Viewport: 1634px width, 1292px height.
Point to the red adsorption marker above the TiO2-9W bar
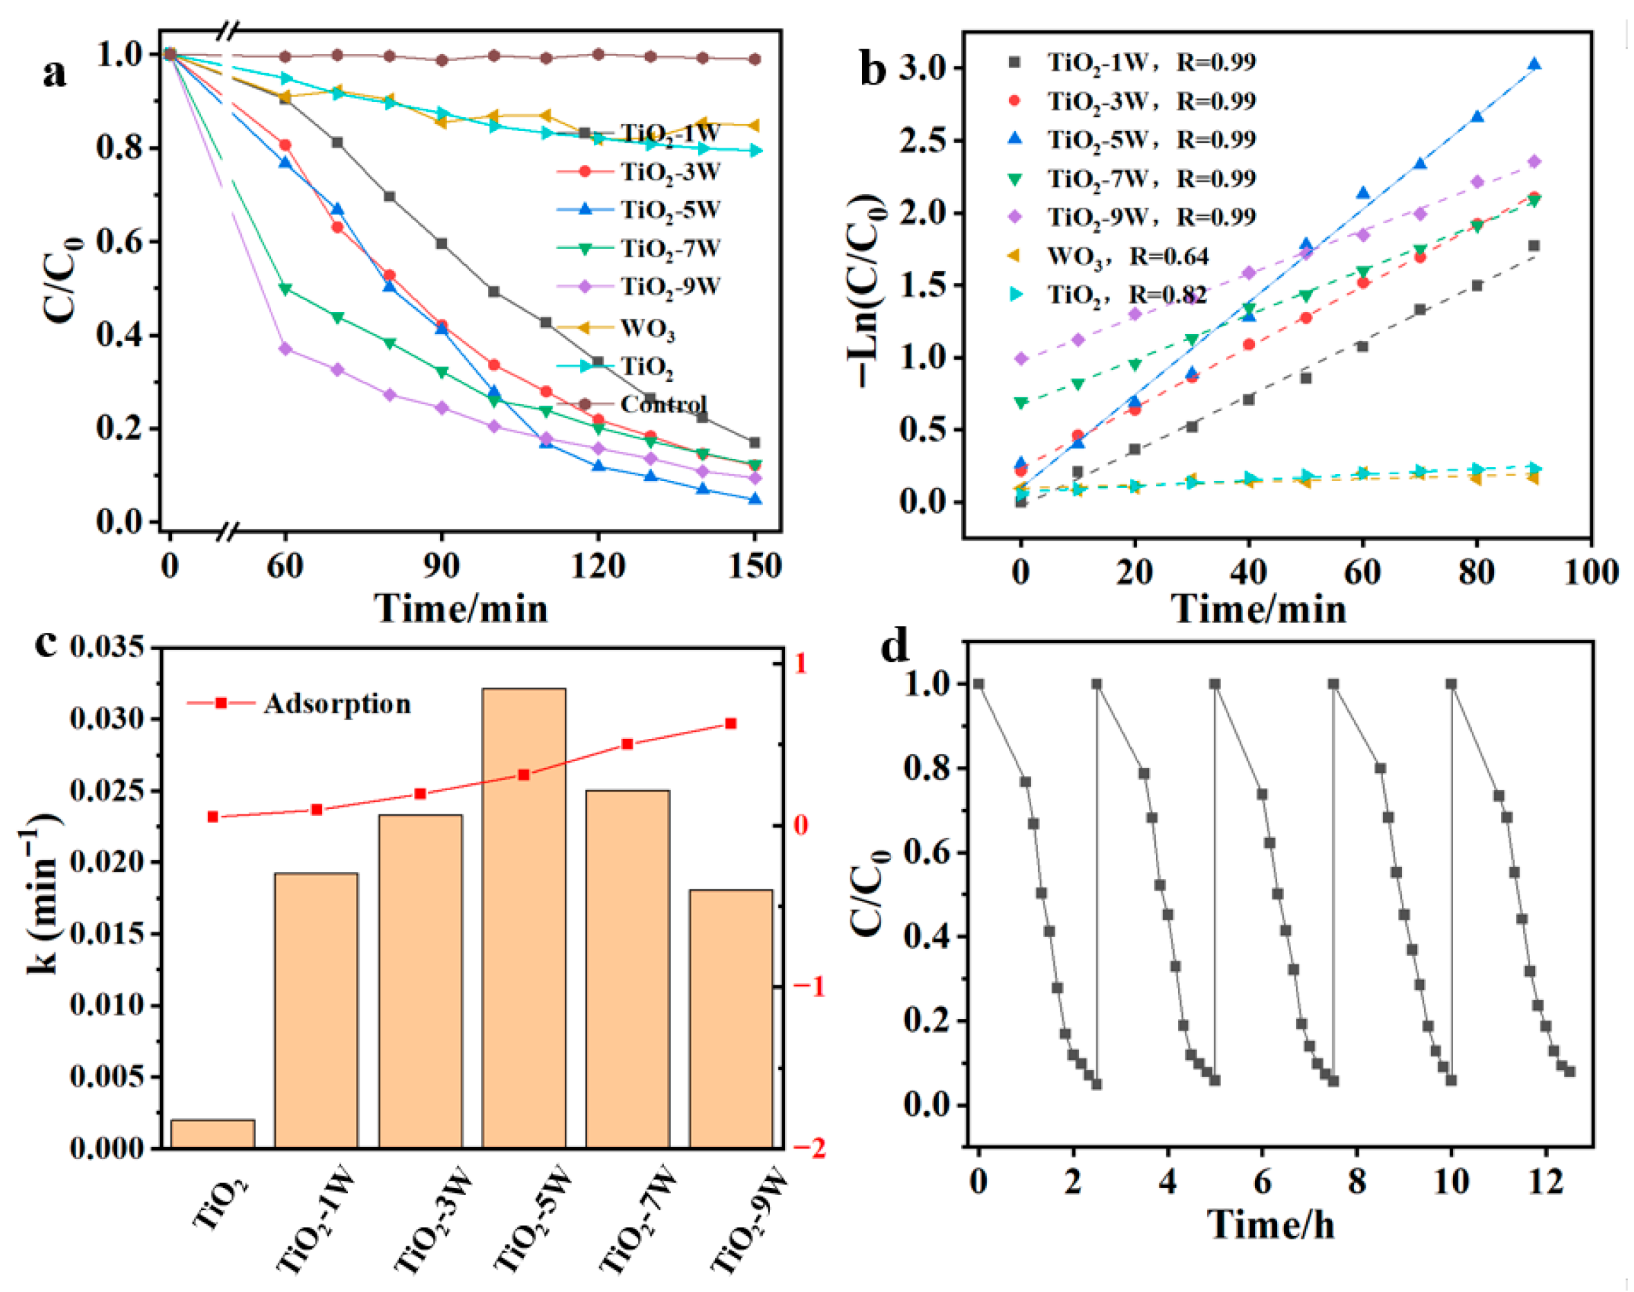click(x=730, y=724)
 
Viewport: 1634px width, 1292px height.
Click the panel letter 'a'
click(x=55, y=73)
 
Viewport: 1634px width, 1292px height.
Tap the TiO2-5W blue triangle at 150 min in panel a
click(x=754, y=499)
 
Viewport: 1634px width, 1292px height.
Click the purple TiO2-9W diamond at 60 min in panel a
click(x=285, y=349)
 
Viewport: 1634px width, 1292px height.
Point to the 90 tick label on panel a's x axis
click(x=441, y=566)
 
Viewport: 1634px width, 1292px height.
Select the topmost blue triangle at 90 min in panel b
click(x=1534, y=65)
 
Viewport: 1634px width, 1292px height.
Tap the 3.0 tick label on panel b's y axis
click(x=923, y=68)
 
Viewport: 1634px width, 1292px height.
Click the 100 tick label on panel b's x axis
click(x=1590, y=572)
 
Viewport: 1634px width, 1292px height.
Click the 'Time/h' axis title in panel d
click(x=1270, y=1224)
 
